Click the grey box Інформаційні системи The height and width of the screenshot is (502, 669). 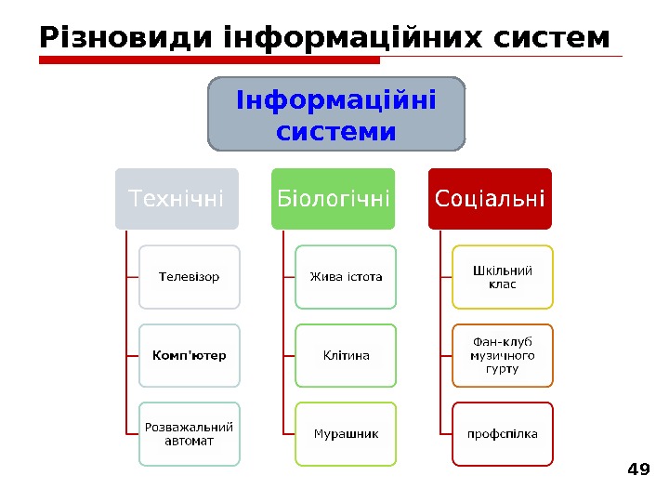[x=336, y=113]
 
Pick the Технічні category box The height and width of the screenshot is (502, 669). [x=177, y=198]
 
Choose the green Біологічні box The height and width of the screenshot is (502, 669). [x=333, y=198]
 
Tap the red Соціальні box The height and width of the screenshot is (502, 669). [x=489, y=198]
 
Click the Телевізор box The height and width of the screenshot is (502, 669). [x=190, y=277]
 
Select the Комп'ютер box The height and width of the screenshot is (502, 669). [x=190, y=355]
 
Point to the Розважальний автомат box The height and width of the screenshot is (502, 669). [x=190, y=433]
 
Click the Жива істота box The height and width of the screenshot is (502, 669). [x=346, y=277]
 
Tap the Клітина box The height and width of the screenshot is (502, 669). [x=346, y=355]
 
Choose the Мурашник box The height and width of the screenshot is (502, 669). [x=346, y=433]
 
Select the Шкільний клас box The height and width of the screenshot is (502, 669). [x=502, y=277]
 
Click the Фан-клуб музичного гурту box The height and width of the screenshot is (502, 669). [x=502, y=355]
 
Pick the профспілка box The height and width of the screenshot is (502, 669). [x=502, y=433]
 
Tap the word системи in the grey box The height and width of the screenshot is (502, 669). [x=336, y=131]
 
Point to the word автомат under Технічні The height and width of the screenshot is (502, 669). [x=190, y=441]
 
